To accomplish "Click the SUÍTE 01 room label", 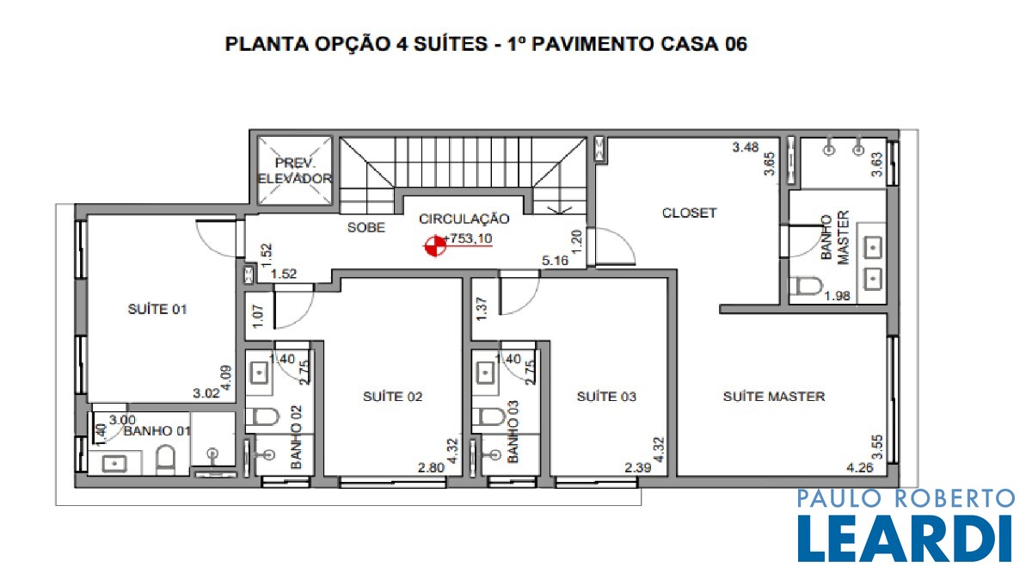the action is coord(157,309).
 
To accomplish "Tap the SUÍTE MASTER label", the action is coord(774,397).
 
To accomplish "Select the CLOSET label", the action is coord(689,213).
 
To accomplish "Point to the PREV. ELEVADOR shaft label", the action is coord(295,170).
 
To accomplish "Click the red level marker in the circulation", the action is coord(435,246).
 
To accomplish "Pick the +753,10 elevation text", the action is coord(468,238).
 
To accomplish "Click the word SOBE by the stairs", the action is coord(366,227).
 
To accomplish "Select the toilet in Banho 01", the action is coord(165,460).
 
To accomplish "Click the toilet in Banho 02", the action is coord(262,417).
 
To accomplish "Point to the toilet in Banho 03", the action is coord(488,416).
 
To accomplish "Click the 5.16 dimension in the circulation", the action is coord(556,261).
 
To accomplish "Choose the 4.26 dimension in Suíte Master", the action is coord(860,468).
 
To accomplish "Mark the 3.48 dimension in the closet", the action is coord(746,147).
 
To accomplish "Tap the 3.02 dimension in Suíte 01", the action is coord(206,394).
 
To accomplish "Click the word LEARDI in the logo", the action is coord(906,539).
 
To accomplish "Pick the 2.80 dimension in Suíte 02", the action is coord(431,468).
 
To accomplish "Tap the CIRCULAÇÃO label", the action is coord(464,219).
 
